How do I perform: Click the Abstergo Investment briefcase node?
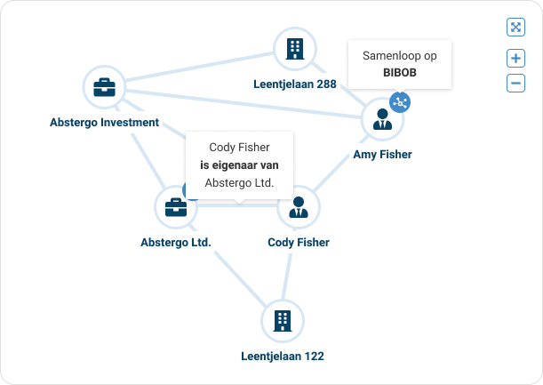[104, 87]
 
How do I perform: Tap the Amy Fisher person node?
[383, 119]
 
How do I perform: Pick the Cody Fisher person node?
[298, 207]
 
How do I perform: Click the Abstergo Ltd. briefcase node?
[176, 207]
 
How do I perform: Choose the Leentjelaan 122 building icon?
[283, 320]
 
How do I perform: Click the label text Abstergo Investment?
[104, 123]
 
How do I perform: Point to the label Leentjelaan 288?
[295, 84]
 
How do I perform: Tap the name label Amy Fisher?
[383, 155]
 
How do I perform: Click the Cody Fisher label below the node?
[299, 242]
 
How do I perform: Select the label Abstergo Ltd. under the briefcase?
[176, 242]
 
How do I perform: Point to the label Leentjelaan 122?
[283, 357]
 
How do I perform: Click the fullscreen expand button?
[515, 27]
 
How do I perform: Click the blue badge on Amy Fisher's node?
[400, 102]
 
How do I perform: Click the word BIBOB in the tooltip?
[400, 73]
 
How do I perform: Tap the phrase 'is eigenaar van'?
[239, 164]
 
